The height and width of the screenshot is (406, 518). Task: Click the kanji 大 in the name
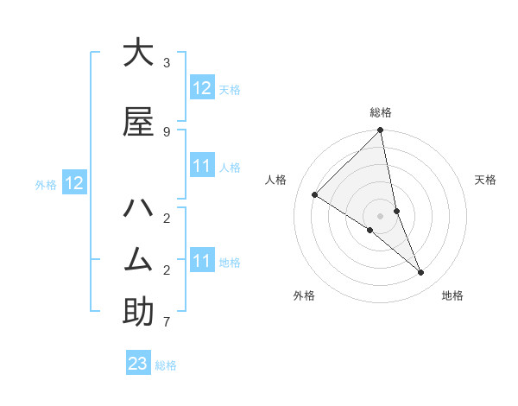point(138,53)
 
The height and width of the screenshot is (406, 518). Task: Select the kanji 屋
point(138,122)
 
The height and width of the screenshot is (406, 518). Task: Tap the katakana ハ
point(138,208)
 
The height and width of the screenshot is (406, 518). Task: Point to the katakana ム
point(138,260)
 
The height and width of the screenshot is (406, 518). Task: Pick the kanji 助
point(138,312)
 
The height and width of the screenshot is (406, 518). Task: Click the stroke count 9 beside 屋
point(167,131)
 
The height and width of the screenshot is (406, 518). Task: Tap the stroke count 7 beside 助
point(167,322)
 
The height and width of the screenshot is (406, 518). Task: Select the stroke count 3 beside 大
point(167,63)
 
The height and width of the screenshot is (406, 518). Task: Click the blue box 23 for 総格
point(138,364)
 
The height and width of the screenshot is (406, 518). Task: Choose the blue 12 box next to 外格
point(73,183)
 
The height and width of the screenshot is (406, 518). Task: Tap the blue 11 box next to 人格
point(202,166)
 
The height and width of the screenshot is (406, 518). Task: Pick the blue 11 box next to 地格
point(202,261)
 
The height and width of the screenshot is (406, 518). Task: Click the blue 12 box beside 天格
point(202,88)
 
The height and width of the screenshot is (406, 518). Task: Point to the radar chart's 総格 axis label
point(381,112)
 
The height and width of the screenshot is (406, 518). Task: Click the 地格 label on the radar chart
point(452,295)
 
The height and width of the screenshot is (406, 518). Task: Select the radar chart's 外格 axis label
point(304,295)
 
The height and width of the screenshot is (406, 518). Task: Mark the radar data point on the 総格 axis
point(381,130)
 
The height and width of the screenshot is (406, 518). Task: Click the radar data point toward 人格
point(315,195)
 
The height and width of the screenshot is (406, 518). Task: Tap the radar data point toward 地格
point(421,273)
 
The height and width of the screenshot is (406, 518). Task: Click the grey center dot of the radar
point(381,215)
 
